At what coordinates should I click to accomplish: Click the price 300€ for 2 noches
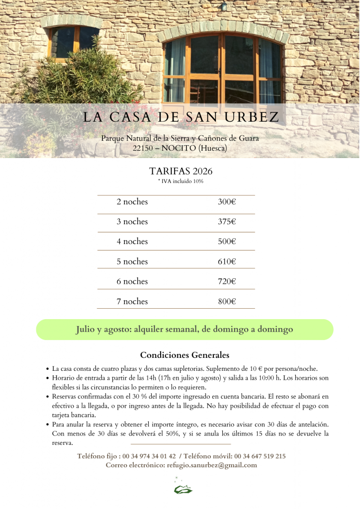point(227,202)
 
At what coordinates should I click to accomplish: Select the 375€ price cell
point(227,222)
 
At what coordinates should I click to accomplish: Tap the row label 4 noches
point(132,242)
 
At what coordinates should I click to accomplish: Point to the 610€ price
point(227,261)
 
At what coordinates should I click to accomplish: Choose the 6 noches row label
point(132,281)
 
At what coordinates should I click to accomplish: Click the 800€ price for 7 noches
point(227,301)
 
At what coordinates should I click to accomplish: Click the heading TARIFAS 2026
point(180,171)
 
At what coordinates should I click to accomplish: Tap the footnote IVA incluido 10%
point(181,181)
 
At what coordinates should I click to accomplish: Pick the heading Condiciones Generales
point(184,355)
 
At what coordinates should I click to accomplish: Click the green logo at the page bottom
point(182,489)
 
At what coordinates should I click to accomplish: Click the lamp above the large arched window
point(224,6)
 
